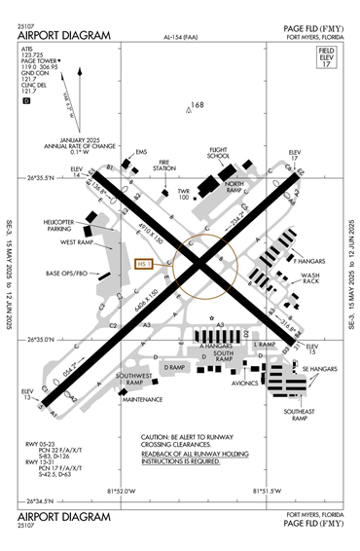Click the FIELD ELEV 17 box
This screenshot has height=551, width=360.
[326, 56]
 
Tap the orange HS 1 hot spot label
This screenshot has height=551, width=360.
[145, 263]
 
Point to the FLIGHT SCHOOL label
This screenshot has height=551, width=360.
[219, 154]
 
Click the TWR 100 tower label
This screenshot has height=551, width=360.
[183, 195]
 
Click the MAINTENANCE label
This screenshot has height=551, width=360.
[143, 399]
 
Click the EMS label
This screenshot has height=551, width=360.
[141, 153]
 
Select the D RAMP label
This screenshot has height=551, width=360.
[174, 367]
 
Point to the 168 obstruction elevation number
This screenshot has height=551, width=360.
[198, 105]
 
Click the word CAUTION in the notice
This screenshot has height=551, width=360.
[157, 437]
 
